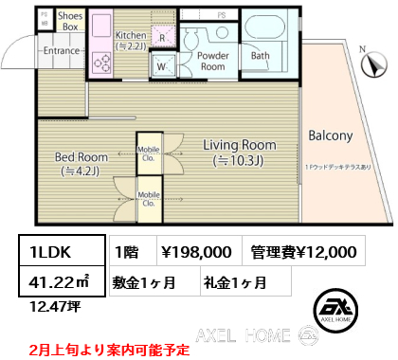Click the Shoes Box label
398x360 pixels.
[71, 22]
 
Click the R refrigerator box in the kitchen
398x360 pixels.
[162, 39]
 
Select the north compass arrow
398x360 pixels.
[375, 66]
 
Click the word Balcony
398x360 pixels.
[330, 135]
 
